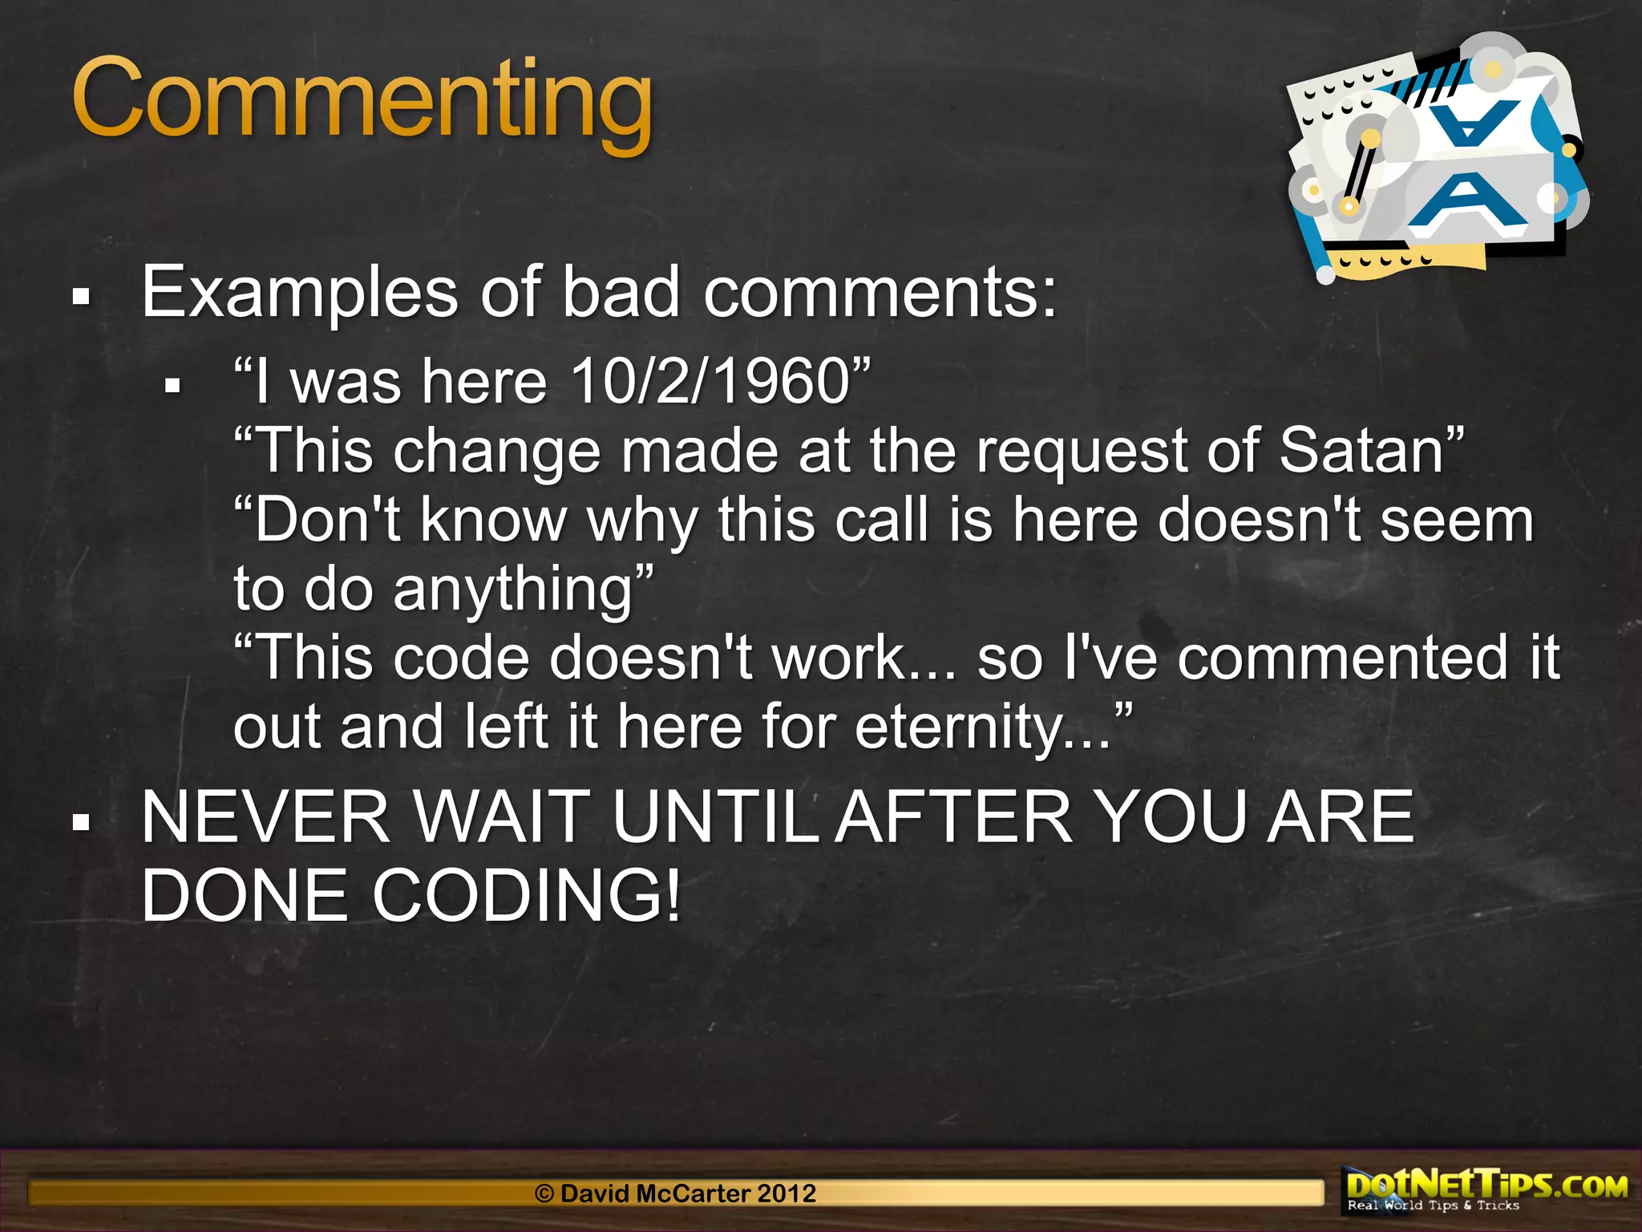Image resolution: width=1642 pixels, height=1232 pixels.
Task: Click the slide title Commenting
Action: [x=362, y=100]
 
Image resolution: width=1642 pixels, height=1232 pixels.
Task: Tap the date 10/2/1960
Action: [x=710, y=381]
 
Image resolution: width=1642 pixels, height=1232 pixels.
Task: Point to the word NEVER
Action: [x=265, y=817]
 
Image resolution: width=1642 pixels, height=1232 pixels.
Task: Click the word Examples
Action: [x=300, y=293]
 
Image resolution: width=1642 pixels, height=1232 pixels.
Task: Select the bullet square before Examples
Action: [x=80, y=298]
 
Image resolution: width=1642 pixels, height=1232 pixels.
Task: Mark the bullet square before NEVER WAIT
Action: [x=80, y=822]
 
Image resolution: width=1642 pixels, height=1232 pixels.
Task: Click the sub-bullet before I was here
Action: [x=172, y=387]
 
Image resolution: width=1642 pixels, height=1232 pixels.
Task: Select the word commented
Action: [x=1343, y=658]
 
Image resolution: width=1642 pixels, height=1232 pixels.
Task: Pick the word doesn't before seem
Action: [x=1259, y=520]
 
